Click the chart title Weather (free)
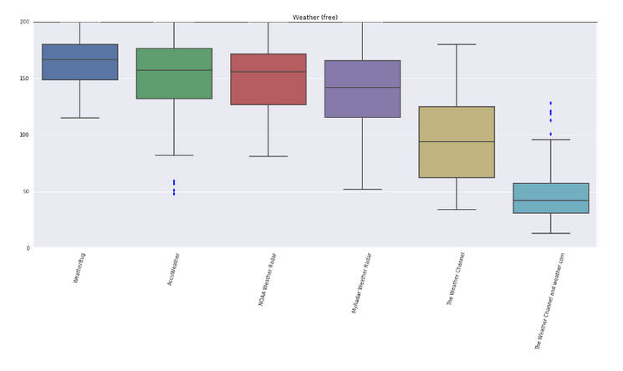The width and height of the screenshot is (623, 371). pyautogui.click(x=315, y=18)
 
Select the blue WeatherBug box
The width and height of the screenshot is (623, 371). pyautogui.click(x=79, y=62)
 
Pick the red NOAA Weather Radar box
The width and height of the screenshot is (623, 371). pyautogui.click(x=268, y=79)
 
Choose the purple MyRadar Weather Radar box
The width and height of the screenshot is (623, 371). pyautogui.click(x=362, y=89)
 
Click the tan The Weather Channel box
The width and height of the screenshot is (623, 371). pyautogui.click(x=457, y=142)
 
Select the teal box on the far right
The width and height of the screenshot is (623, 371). pyautogui.click(x=551, y=198)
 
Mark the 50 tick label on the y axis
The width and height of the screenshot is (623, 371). pyautogui.click(x=26, y=191)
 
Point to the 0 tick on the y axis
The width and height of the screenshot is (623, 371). pyautogui.click(x=28, y=248)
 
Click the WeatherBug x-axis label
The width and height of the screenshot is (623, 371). pyautogui.click(x=79, y=267)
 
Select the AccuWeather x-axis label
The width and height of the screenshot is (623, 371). pyautogui.click(x=174, y=270)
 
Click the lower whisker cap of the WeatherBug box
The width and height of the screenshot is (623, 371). pyautogui.click(x=79, y=118)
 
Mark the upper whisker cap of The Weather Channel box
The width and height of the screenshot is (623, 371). pyautogui.click(x=457, y=44)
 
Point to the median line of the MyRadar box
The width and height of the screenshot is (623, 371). pyautogui.click(x=362, y=87)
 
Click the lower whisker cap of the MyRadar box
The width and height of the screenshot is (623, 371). pyautogui.click(x=362, y=190)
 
